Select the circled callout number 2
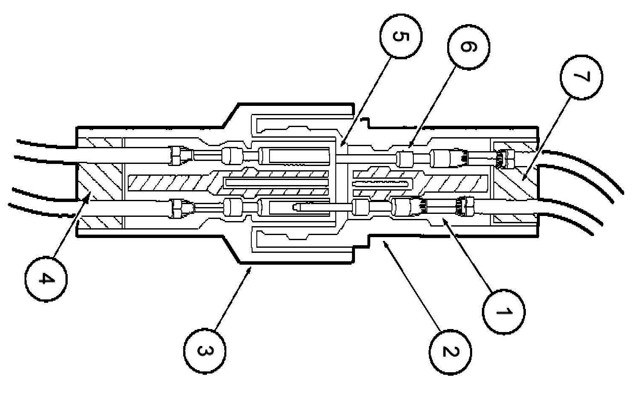pyautogui.click(x=450, y=351)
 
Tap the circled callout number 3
pyautogui.click(x=204, y=351)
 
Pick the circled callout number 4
pyautogui.click(x=45, y=280)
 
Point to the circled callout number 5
pyautogui.click(x=400, y=37)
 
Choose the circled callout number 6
pyautogui.click(x=468, y=46)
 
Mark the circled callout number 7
pyautogui.click(x=581, y=77)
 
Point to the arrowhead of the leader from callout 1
pyautogui.click(x=442, y=219)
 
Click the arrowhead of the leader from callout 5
pyautogui.click(x=342, y=145)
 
